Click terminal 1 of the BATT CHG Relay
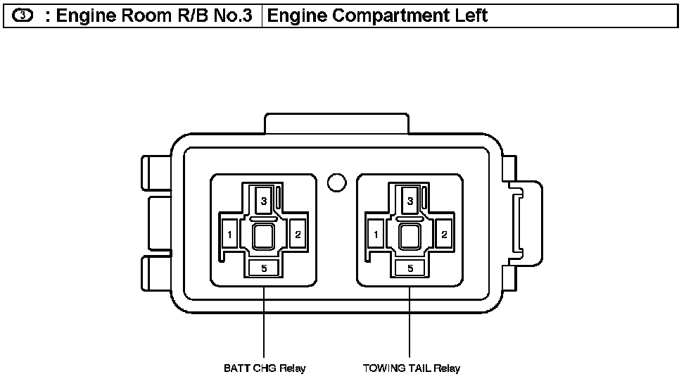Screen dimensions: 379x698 click(229, 235)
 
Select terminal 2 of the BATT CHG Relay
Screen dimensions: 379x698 click(298, 234)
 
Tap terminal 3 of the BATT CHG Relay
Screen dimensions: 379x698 click(263, 201)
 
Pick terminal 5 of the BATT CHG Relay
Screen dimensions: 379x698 click(264, 268)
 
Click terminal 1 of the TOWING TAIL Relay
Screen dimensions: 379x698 click(376, 235)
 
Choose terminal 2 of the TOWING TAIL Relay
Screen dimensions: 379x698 click(444, 234)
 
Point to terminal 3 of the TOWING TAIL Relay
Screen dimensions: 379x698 click(410, 201)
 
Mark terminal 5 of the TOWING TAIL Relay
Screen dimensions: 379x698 click(410, 268)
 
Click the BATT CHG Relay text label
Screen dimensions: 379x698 click(265, 368)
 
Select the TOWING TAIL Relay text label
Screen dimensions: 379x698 click(411, 368)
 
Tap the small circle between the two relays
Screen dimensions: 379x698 click(337, 182)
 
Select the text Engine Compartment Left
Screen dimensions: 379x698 click(378, 15)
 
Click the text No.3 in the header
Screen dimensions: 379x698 click(231, 15)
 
